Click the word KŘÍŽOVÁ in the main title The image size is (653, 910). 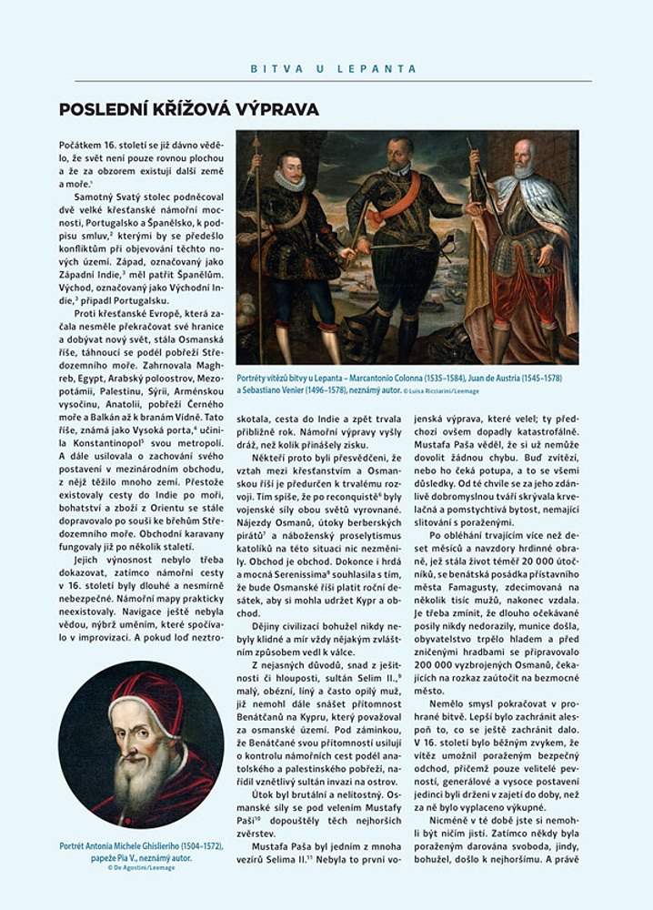click(x=180, y=109)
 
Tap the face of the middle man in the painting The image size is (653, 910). click(x=400, y=154)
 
